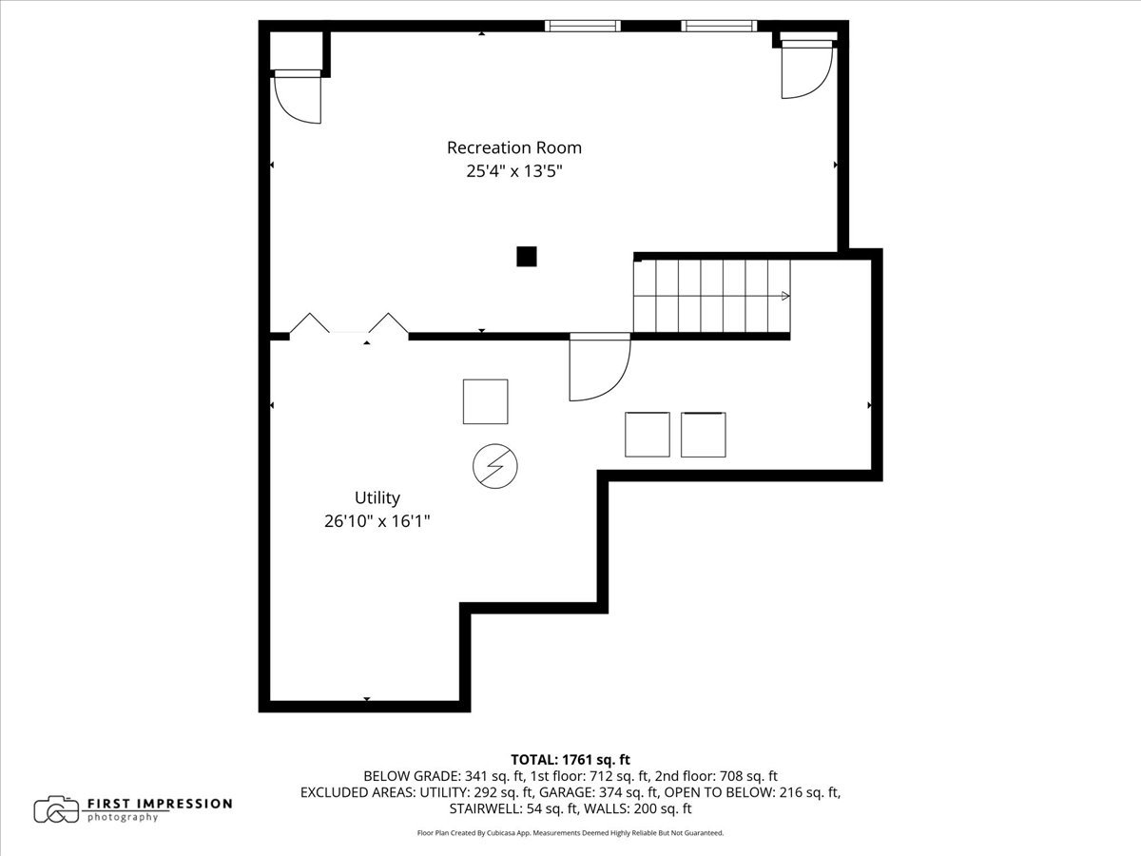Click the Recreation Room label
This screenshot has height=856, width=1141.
(x=513, y=147)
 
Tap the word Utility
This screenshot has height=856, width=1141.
(x=377, y=497)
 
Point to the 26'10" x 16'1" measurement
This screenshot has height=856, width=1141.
(x=377, y=521)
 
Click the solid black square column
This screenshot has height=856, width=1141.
(x=526, y=256)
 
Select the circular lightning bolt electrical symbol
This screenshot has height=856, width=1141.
(x=495, y=465)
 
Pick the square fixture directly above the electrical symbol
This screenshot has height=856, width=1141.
(x=485, y=401)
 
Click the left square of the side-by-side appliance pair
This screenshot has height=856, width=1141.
(x=648, y=435)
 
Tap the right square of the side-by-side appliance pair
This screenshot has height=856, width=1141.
(x=704, y=435)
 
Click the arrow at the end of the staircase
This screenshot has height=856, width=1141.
(x=784, y=296)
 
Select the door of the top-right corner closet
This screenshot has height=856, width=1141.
(x=806, y=70)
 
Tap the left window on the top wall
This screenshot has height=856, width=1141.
(x=582, y=27)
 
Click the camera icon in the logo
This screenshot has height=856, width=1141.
(x=56, y=809)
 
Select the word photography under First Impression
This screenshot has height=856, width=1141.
(x=123, y=817)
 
